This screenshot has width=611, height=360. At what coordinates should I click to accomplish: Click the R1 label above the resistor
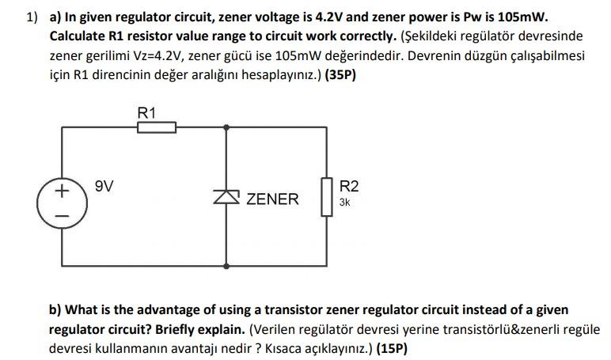pyautogui.click(x=147, y=112)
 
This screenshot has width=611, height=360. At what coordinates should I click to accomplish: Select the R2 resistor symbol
pyautogui.click(x=325, y=195)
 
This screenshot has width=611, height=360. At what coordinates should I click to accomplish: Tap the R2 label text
pyautogui.click(x=349, y=187)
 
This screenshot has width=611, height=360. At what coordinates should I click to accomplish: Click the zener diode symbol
pyautogui.click(x=227, y=197)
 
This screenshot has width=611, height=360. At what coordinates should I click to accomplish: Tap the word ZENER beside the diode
pyautogui.click(x=273, y=199)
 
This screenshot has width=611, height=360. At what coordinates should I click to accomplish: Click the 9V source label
pyautogui.click(x=104, y=187)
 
